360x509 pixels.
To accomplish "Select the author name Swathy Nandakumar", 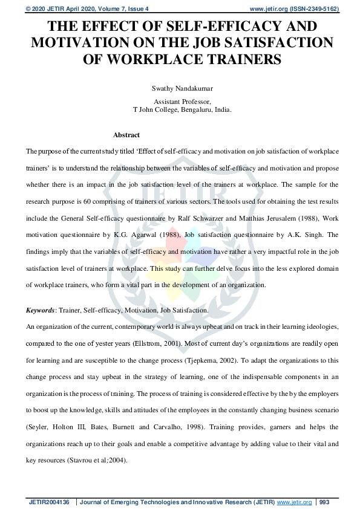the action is click(x=182, y=88).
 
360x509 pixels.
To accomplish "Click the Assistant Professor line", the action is click(x=182, y=102).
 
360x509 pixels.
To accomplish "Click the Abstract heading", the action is click(x=126, y=135).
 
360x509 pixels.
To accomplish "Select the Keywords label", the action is click(x=39, y=310).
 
